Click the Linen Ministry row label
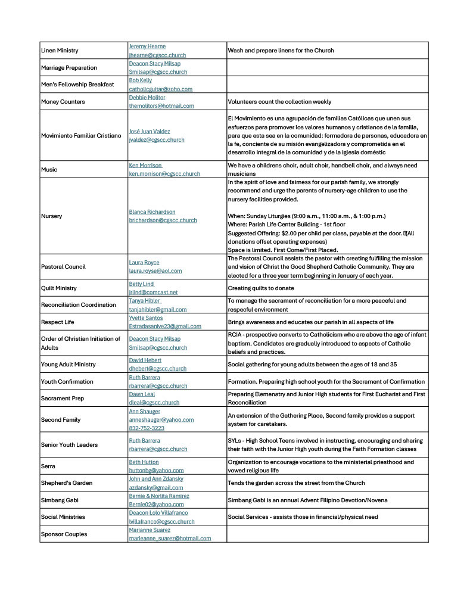click(60, 51)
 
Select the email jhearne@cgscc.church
click(157, 55)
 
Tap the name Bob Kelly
click(140, 80)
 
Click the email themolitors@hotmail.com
click(161, 106)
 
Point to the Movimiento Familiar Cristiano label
click(81, 136)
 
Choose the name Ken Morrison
click(145, 165)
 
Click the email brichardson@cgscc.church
click(163, 220)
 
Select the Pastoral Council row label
click(63, 267)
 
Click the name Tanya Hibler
click(145, 301)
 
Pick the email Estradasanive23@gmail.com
click(165, 326)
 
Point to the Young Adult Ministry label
click(68, 365)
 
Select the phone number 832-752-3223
click(147, 428)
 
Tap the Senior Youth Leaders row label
click(69, 445)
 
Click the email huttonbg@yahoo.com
click(156, 471)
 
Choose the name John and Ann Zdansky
click(156, 479)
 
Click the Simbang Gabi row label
click(60, 500)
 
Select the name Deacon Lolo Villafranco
click(158, 513)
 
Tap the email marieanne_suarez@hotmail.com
click(170, 539)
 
